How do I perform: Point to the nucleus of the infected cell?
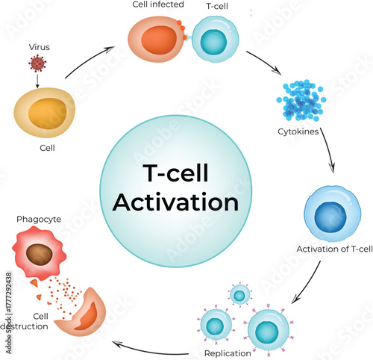click(152, 38)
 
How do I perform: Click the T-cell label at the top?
click(218, 6)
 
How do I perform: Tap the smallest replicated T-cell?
click(239, 297)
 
